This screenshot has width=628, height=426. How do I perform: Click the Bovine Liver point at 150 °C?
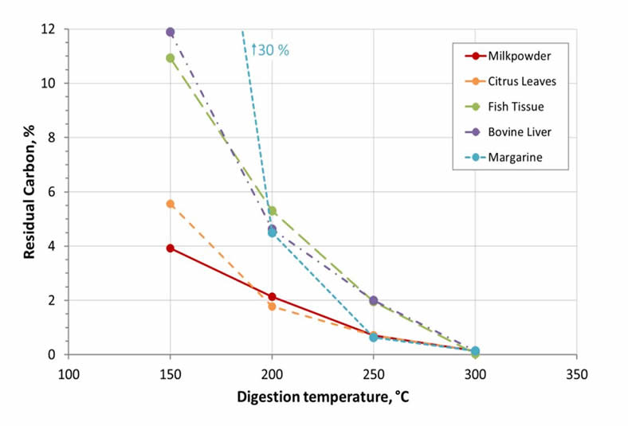170,32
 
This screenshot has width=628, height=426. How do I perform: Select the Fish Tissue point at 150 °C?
170,58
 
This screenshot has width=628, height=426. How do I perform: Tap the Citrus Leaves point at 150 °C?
170,204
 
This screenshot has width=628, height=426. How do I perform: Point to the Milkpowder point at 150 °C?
170,248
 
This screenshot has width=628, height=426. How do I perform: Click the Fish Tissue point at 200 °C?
272,211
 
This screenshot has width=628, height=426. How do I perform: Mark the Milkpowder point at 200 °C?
272,297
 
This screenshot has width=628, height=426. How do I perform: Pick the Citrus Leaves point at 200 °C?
272,307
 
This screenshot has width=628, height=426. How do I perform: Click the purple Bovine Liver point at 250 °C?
373,300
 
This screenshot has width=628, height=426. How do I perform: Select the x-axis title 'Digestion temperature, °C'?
323,396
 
